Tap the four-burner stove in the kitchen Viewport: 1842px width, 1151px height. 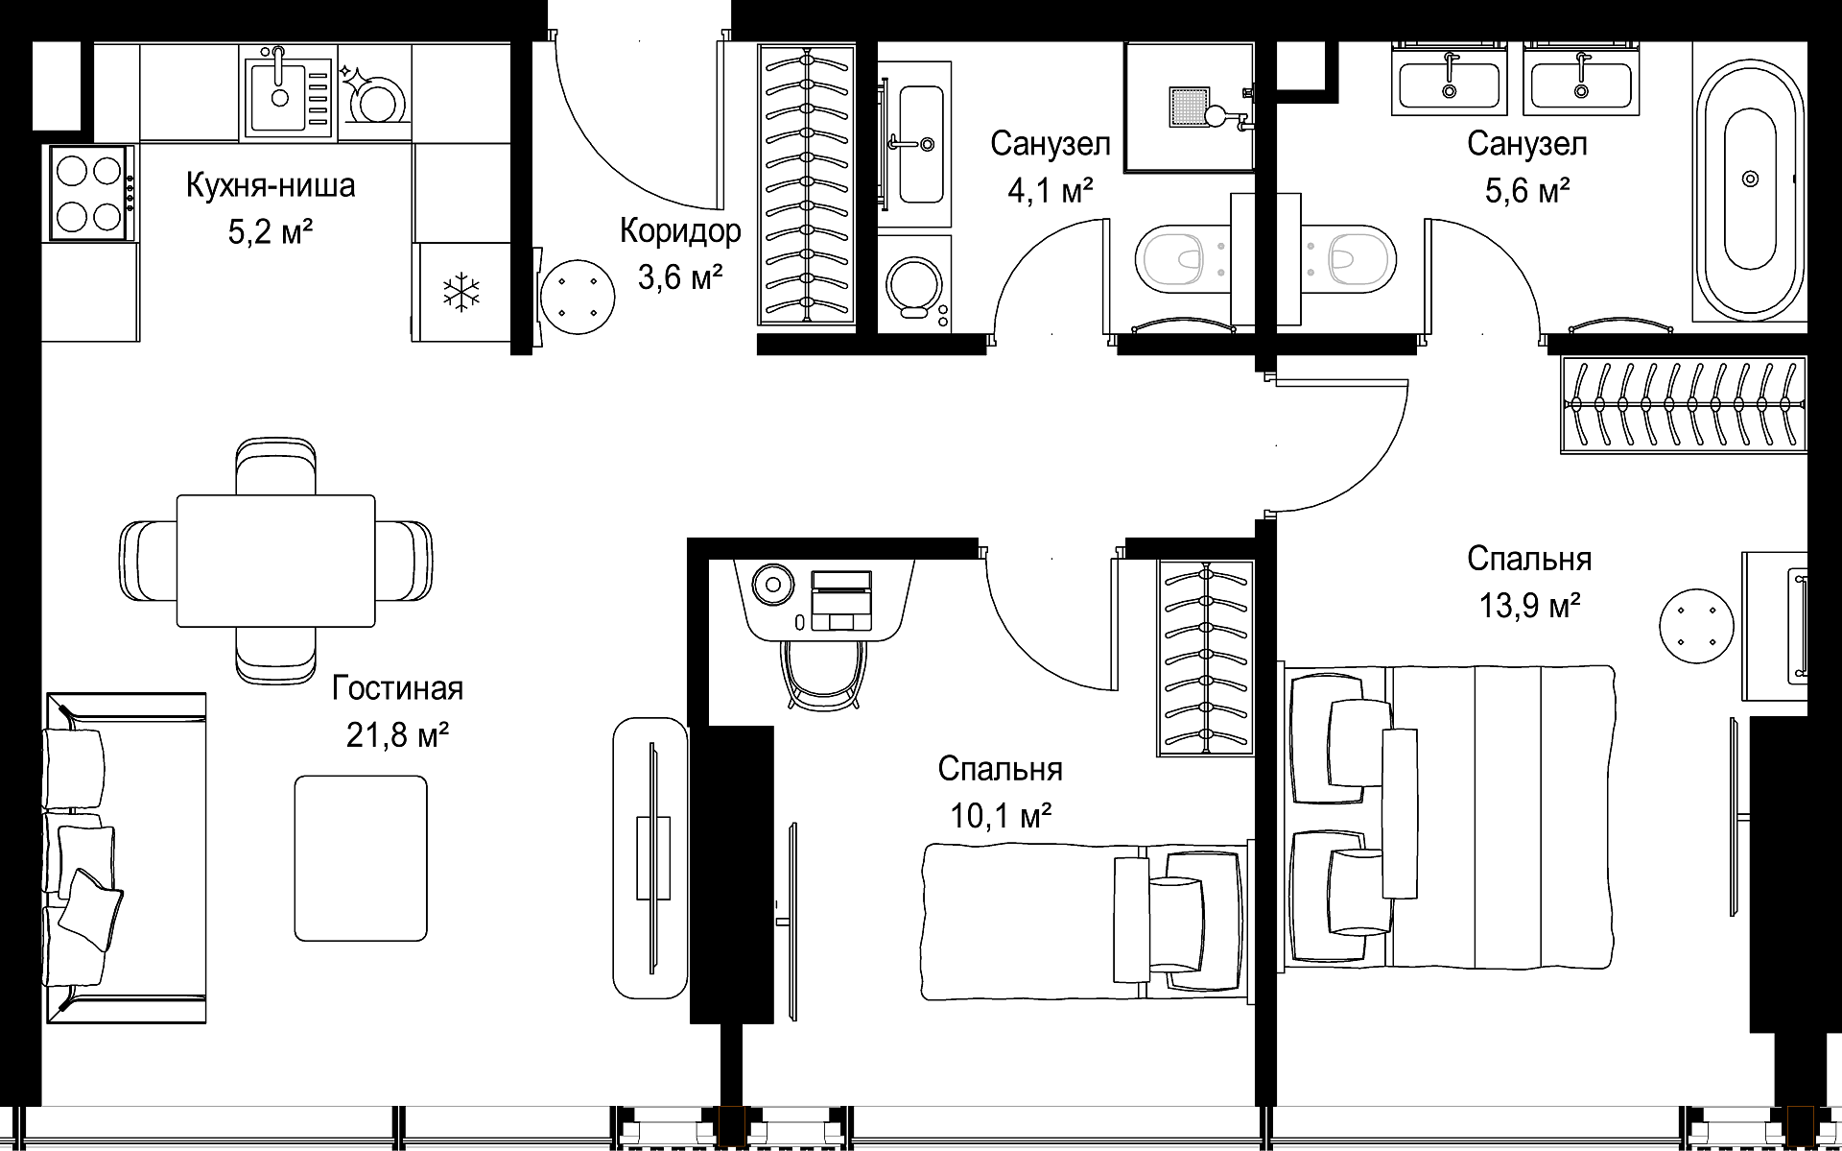(x=91, y=194)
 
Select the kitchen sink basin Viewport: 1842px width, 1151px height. (x=279, y=91)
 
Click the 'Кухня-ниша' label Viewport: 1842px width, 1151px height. (x=271, y=184)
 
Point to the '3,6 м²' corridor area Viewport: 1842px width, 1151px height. (x=679, y=277)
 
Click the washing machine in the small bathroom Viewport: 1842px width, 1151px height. (x=914, y=282)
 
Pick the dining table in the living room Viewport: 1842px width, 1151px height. (x=275, y=561)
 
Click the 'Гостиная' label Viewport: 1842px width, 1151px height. (x=397, y=688)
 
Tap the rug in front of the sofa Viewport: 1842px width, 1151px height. (x=361, y=858)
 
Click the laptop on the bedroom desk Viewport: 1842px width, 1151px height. (x=841, y=600)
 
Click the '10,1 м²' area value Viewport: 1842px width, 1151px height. (x=1001, y=816)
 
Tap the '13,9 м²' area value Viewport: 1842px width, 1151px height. (x=1529, y=606)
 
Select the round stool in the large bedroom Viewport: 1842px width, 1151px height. (x=1696, y=626)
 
